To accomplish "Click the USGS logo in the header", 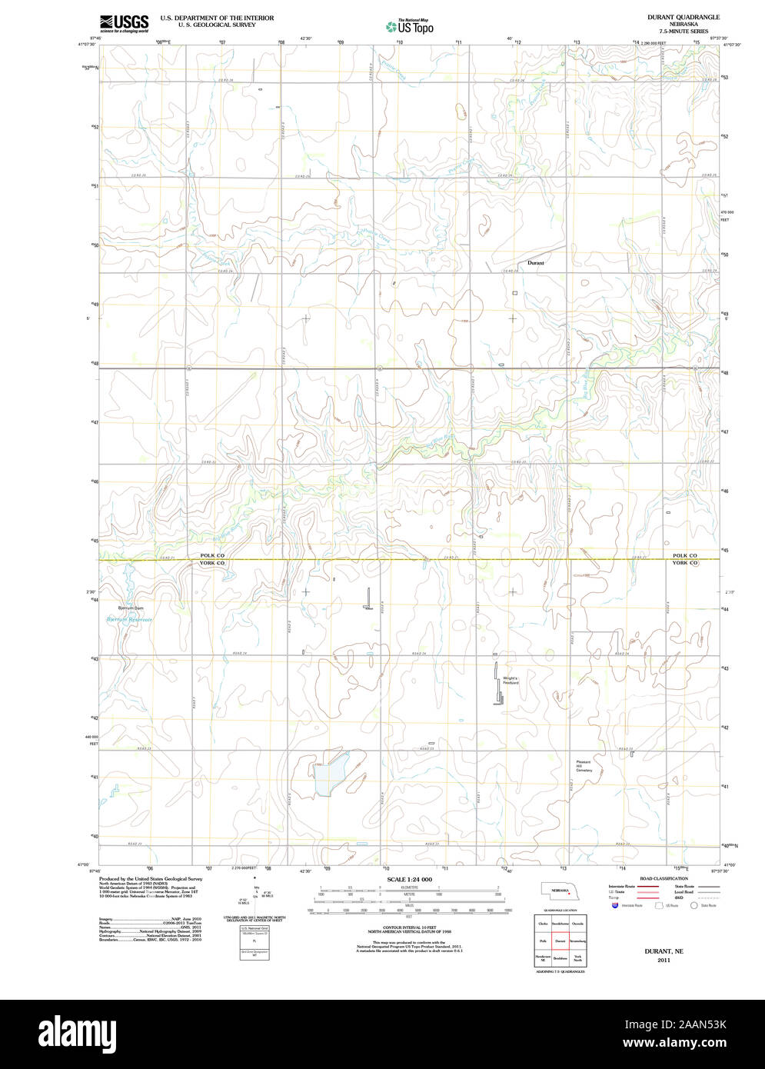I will click(x=124, y=23).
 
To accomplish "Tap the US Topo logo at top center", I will click(x=410, y=27).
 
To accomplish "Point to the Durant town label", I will click(x=535, y=263).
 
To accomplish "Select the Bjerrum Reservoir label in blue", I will click(x=129, y=619).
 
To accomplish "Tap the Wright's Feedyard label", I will click(x=511, y=680).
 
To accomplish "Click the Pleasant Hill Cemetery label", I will click(x=584, y=765).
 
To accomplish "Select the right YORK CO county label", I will click(x=684, y=564).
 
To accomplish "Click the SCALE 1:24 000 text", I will click(x=409, y=879).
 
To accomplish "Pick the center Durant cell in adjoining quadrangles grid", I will click(x=560, y=941).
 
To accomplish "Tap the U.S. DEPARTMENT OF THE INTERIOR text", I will click(x=217, y=18).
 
